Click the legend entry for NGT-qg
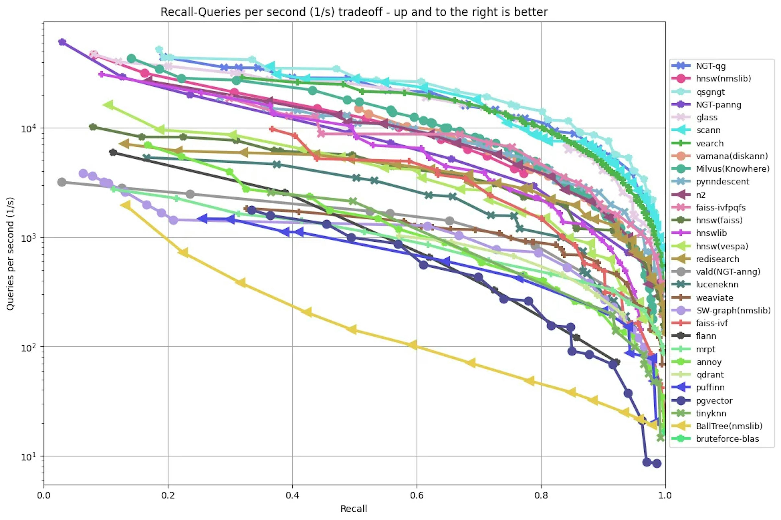711,66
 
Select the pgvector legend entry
714,401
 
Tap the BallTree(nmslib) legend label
729,426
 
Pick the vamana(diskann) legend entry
732,156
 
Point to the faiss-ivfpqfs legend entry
721,208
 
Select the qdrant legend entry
710,375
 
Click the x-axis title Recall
354,509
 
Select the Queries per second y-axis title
10,254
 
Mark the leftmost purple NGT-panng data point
62,42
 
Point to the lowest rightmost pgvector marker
657,463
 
